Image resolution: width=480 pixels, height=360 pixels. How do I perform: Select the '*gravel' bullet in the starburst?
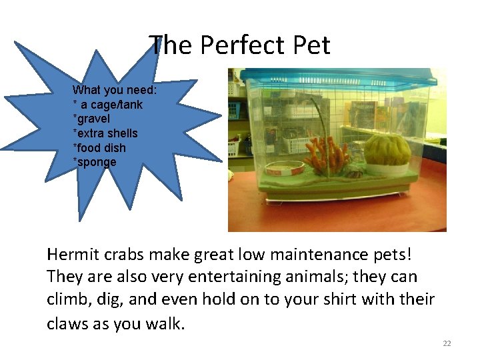click(x=91, y=119)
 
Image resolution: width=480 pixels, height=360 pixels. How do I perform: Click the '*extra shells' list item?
click(x=105, y=133)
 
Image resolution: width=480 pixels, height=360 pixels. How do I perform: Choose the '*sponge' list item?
click(x=94, y=162)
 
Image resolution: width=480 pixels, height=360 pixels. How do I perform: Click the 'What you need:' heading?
click(x=115, y=90)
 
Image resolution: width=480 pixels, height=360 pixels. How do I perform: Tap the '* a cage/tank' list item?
click(x=107, y=105)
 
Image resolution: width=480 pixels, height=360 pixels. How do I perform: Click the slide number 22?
click(x=447, y=343)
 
